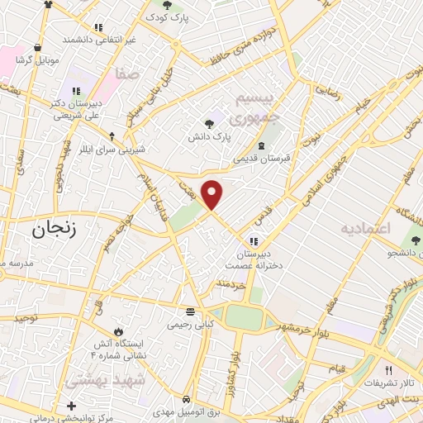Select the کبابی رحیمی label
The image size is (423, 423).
click(x=191, y=325)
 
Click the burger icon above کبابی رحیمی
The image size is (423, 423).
click(x=191, y=312)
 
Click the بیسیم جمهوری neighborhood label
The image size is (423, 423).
click(x=258, y=109)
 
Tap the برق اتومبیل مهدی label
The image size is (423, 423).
click(x=191, y=411)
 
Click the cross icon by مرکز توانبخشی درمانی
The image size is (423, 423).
click(x=71, y=406)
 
